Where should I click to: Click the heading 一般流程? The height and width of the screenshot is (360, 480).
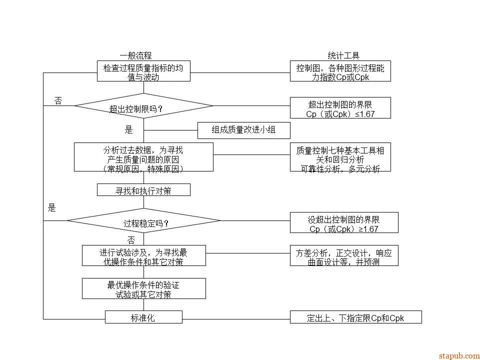click(135, 55)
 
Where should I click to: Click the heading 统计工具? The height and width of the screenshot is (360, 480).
click(343, 55)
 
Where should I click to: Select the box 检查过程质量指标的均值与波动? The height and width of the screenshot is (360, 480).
click(143, 71)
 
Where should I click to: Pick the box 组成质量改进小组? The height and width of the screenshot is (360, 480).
click(243, 130)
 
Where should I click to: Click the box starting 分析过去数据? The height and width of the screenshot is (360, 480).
click(143, 157)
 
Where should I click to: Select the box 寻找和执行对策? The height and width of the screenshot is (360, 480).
click(143, 190)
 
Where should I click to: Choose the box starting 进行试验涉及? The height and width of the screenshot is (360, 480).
click(143, 255)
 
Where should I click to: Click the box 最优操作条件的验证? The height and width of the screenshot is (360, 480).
click(143, 288)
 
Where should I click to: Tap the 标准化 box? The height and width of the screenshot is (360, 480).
click(143, 317)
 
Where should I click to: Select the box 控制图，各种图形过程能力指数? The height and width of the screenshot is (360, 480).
click(340, 71)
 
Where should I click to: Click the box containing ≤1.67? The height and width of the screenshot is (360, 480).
click(340, 108)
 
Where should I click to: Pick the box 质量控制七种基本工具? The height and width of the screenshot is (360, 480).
click(340, 157)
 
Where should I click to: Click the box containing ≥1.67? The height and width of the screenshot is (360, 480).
click(344, 222)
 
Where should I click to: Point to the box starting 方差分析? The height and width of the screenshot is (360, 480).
click(344, 255)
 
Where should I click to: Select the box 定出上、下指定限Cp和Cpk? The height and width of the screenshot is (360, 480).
click(355, 317)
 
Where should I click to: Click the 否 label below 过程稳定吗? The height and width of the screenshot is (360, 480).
click(130, 240)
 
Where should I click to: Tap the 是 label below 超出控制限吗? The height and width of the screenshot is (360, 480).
click(128, 130)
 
